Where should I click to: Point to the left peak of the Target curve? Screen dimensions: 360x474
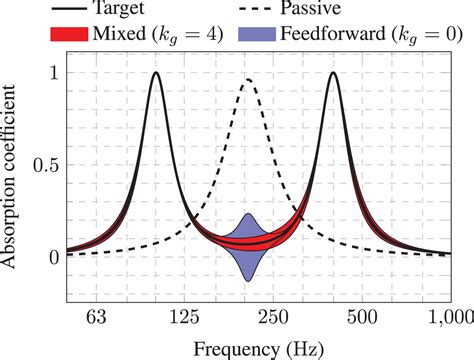(155, 73)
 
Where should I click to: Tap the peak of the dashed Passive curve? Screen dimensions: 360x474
(247, 80)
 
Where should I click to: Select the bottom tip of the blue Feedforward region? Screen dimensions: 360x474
(248, 282)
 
